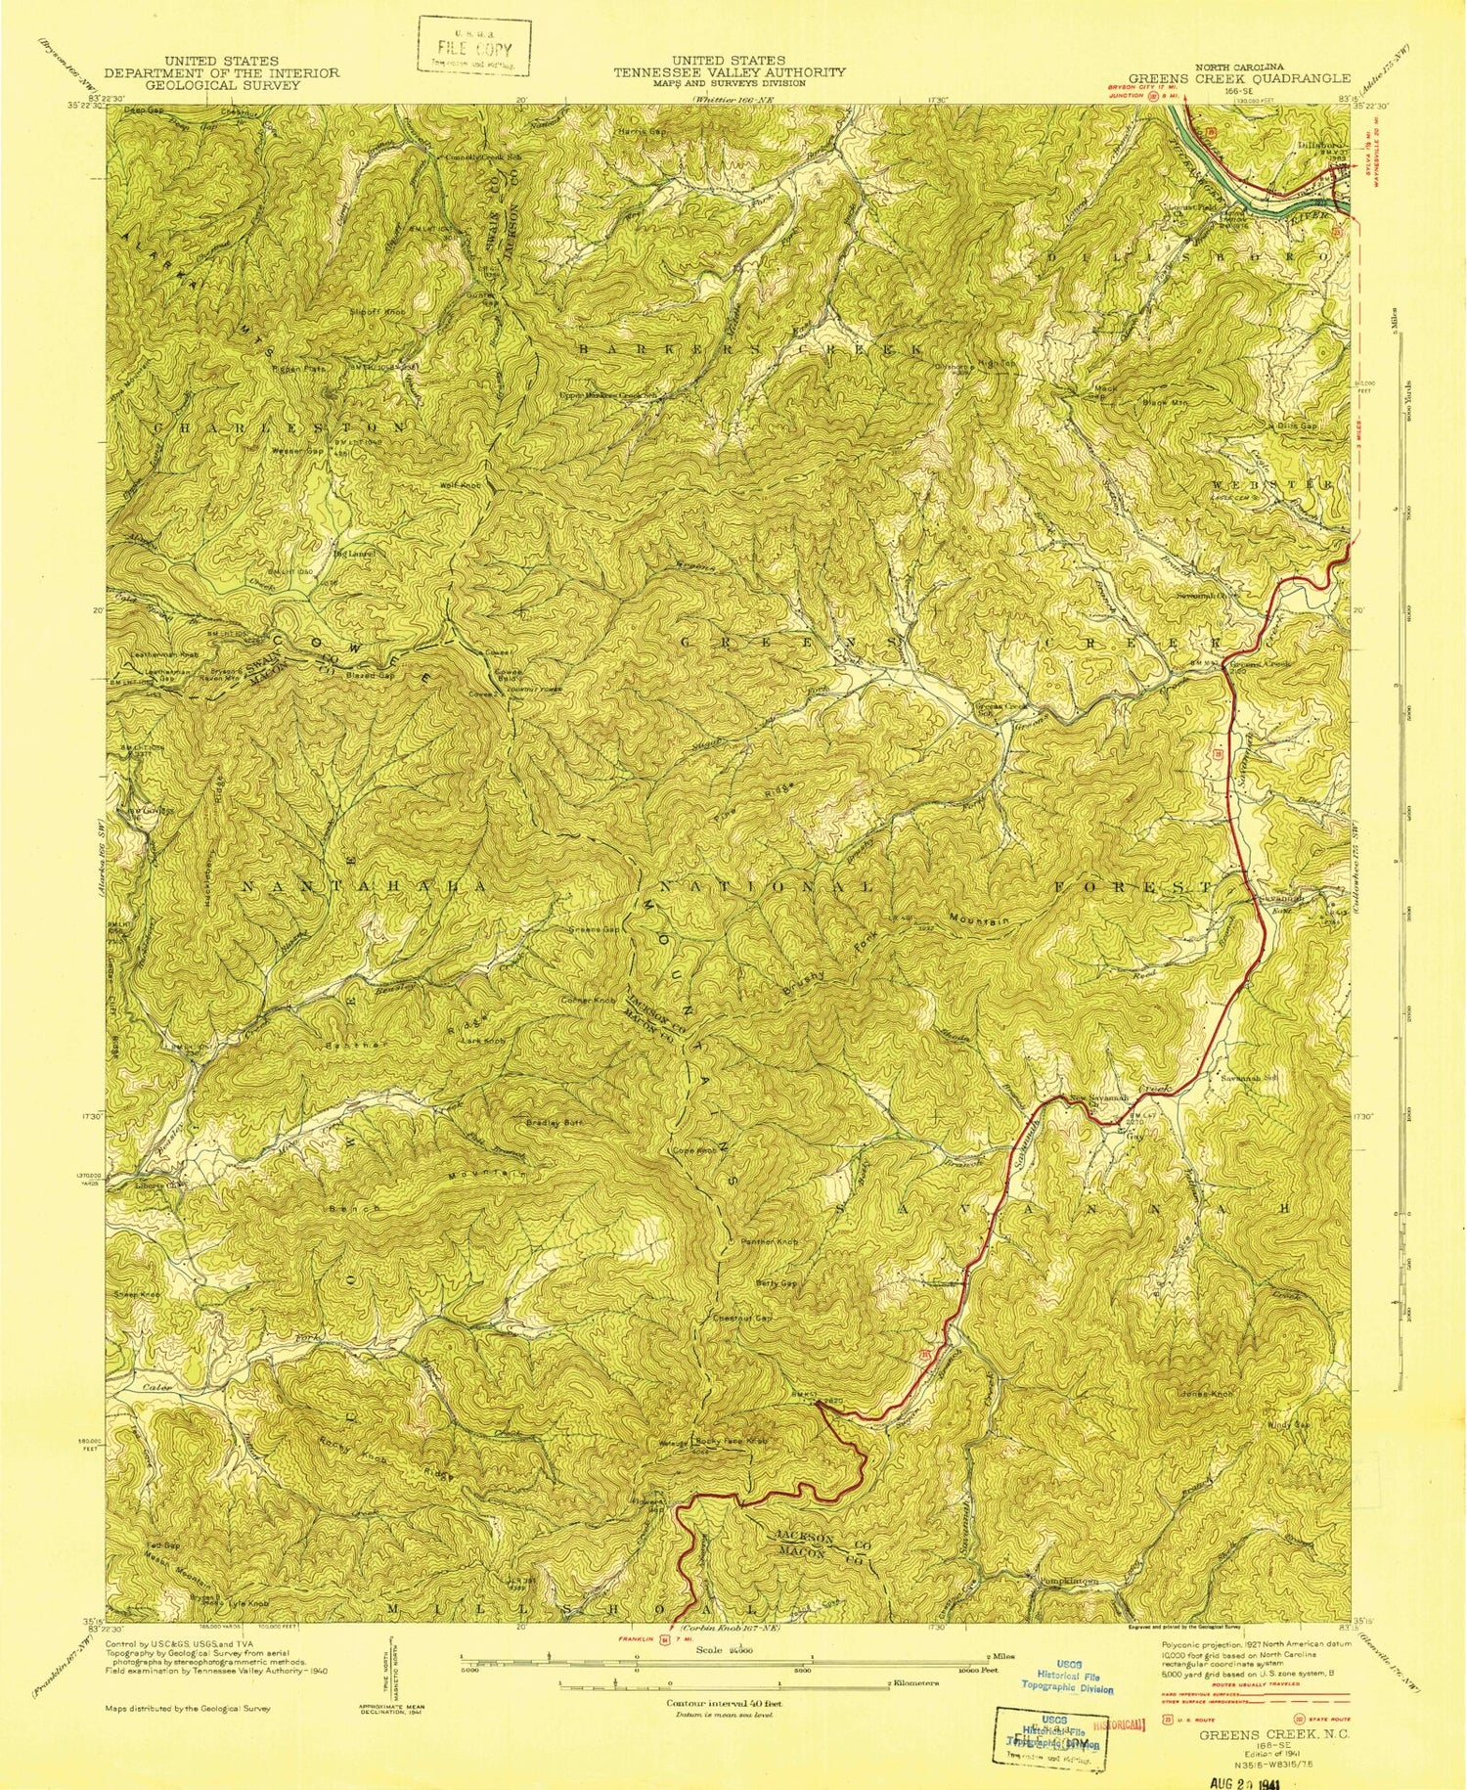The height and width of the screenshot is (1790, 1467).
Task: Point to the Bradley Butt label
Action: [555, 1123]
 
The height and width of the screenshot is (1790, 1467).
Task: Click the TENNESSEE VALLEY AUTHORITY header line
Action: [729, 72]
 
